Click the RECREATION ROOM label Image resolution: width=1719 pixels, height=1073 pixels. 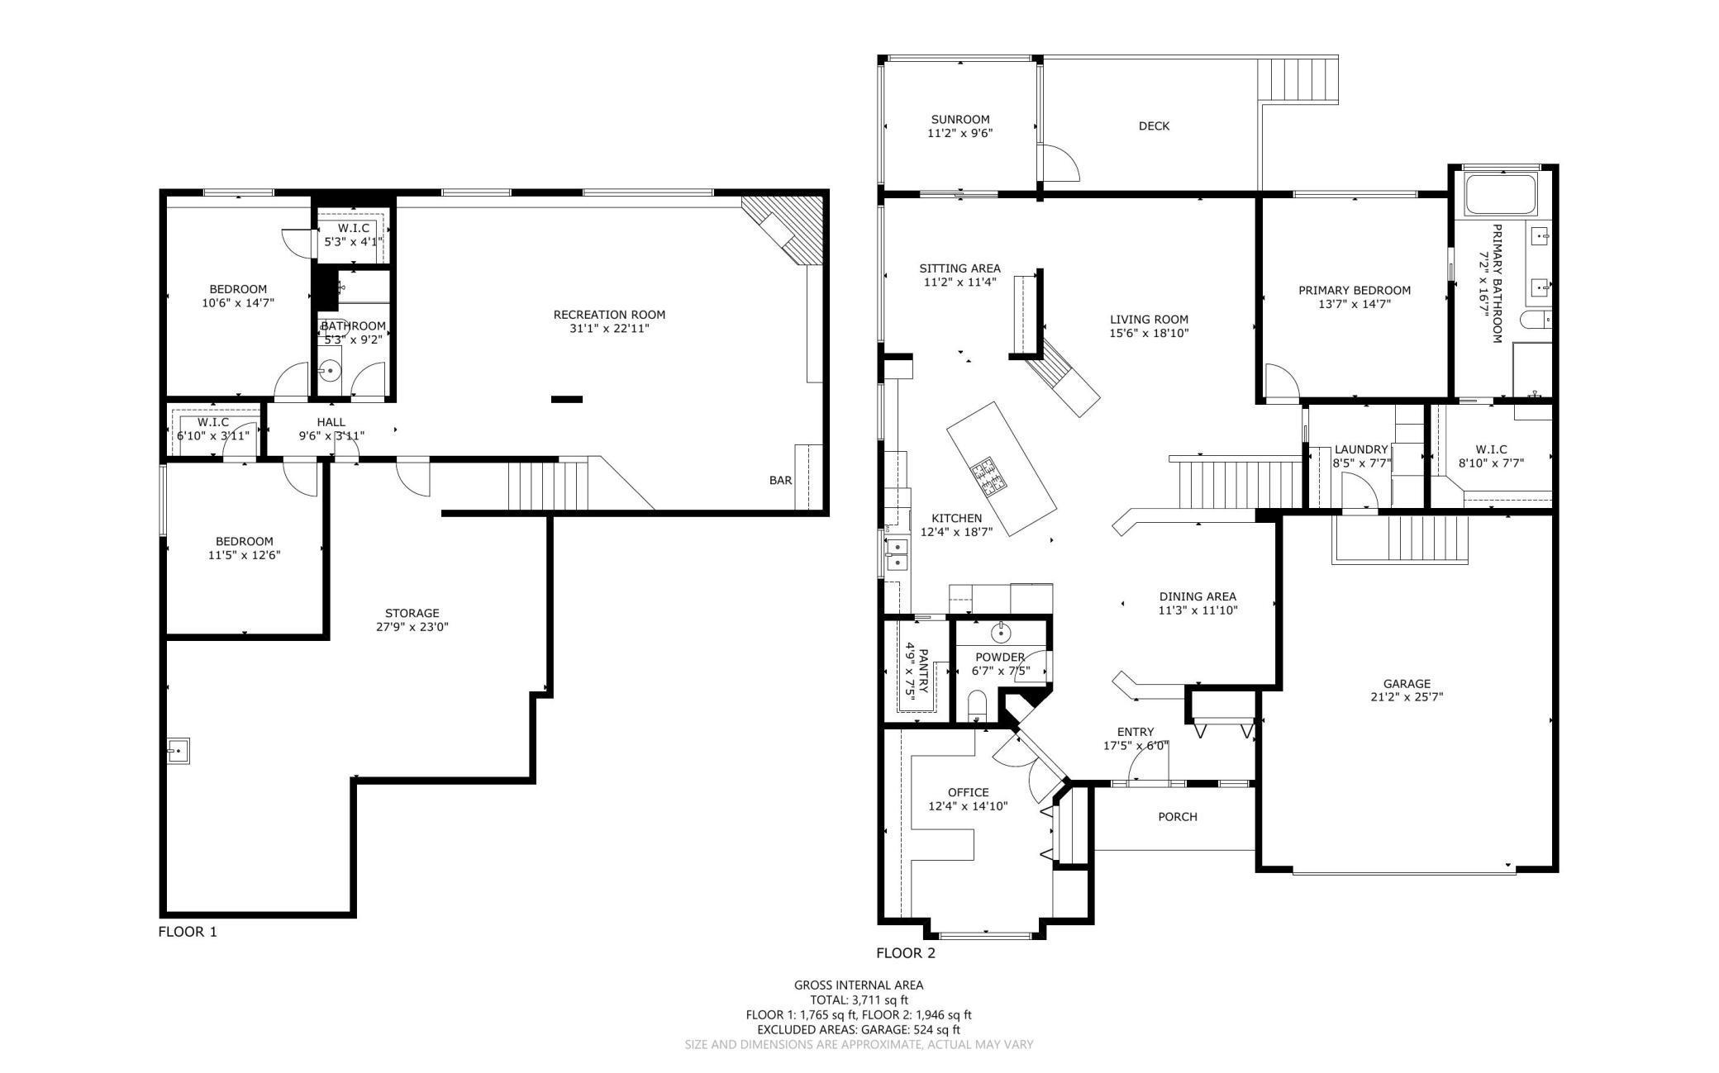pos(609,315)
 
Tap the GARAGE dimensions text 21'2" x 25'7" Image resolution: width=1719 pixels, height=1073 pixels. pos(1407,697)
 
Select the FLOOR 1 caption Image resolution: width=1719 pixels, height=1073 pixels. pos(188,932)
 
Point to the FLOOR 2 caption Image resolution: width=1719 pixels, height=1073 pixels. pos(906,953)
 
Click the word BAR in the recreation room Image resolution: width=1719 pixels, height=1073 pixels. pos(780,480)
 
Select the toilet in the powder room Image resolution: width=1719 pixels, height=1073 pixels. pos(978,706)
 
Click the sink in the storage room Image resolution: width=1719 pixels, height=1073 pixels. pos(178,752)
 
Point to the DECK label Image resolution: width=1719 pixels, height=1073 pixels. pos(1154,126)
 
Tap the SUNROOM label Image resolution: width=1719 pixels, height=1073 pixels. pos(959,119)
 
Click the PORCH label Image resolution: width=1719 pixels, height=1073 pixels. pos(1178,817)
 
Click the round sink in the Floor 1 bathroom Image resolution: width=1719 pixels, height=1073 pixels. pos(330,371)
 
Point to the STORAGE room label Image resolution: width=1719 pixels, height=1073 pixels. pos(412,613)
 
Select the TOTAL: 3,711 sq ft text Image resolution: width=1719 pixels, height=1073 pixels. pos(859,999)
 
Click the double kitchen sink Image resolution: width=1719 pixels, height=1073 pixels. pos(896,553)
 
